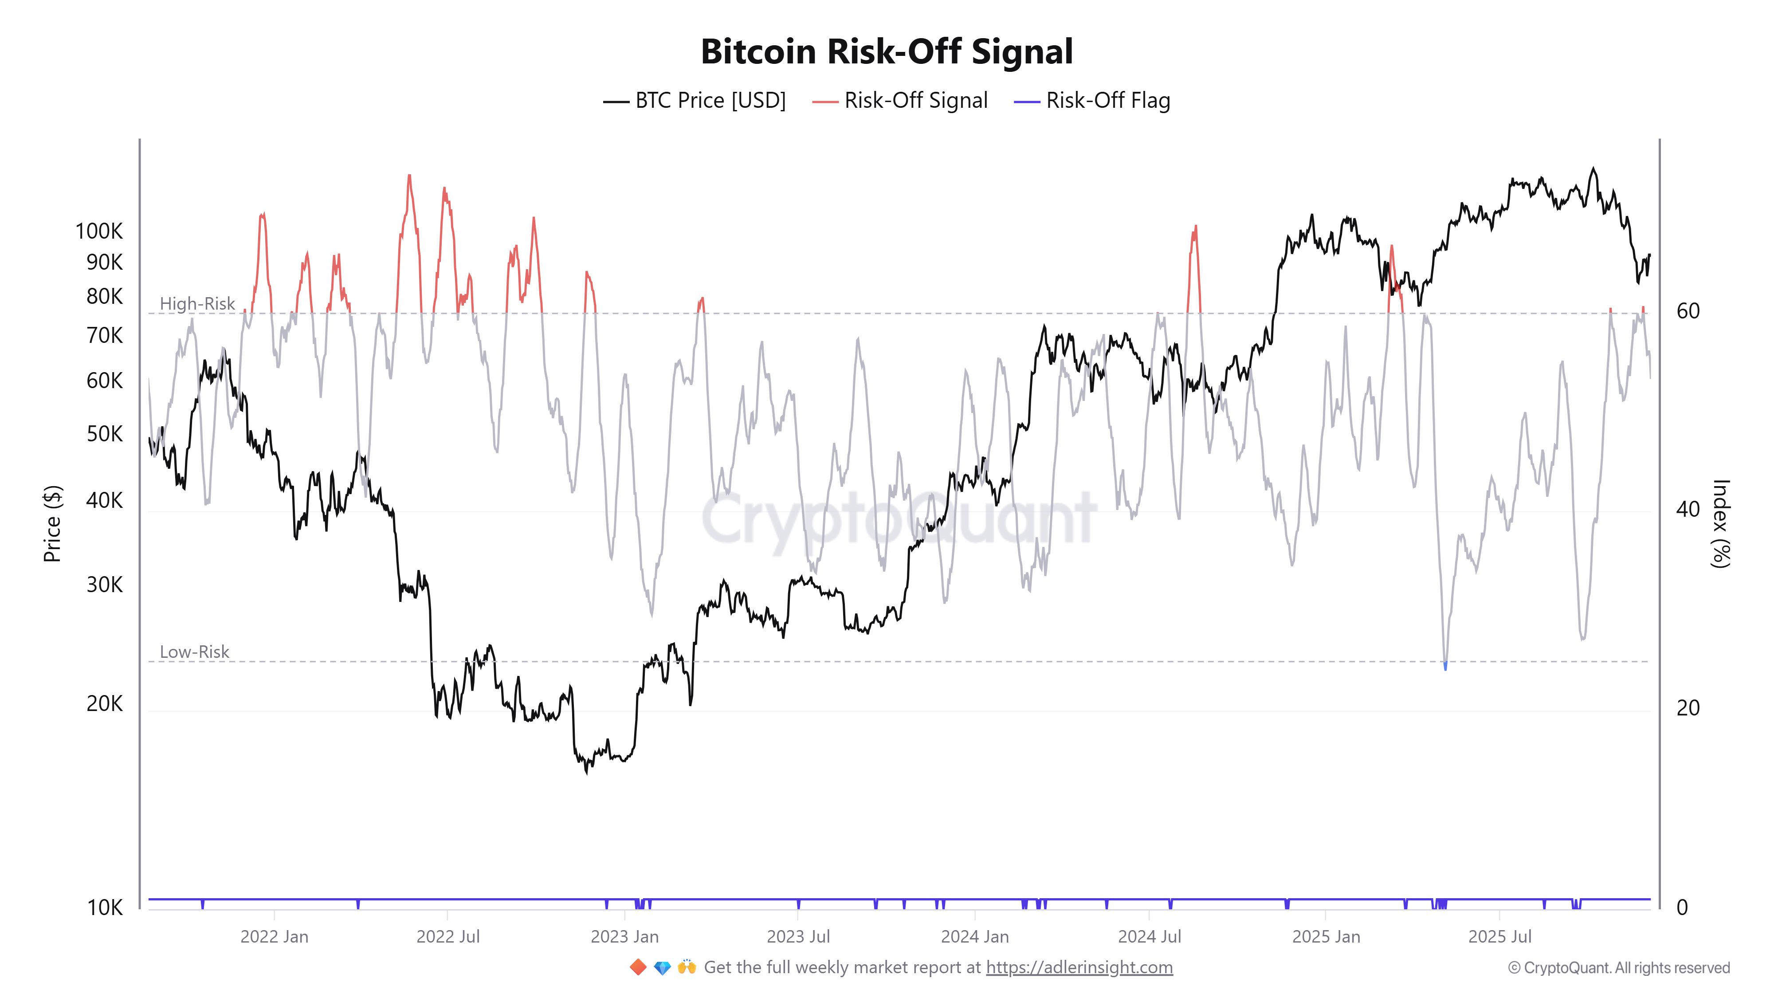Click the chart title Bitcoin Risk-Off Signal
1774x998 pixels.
point(886,51)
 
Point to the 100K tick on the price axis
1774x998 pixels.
point(99,232)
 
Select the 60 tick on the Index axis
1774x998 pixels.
point(1688,311)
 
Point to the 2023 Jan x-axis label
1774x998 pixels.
point(624,937)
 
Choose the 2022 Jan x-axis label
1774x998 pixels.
point(274,937)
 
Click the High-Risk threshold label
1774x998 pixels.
point(197,304)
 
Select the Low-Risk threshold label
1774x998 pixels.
point(194,652)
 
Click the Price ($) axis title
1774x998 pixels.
point(52,523)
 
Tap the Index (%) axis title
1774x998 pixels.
point(1720,523)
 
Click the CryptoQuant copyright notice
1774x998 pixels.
point(1618,968)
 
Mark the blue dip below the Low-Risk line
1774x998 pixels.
point(1445,665)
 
